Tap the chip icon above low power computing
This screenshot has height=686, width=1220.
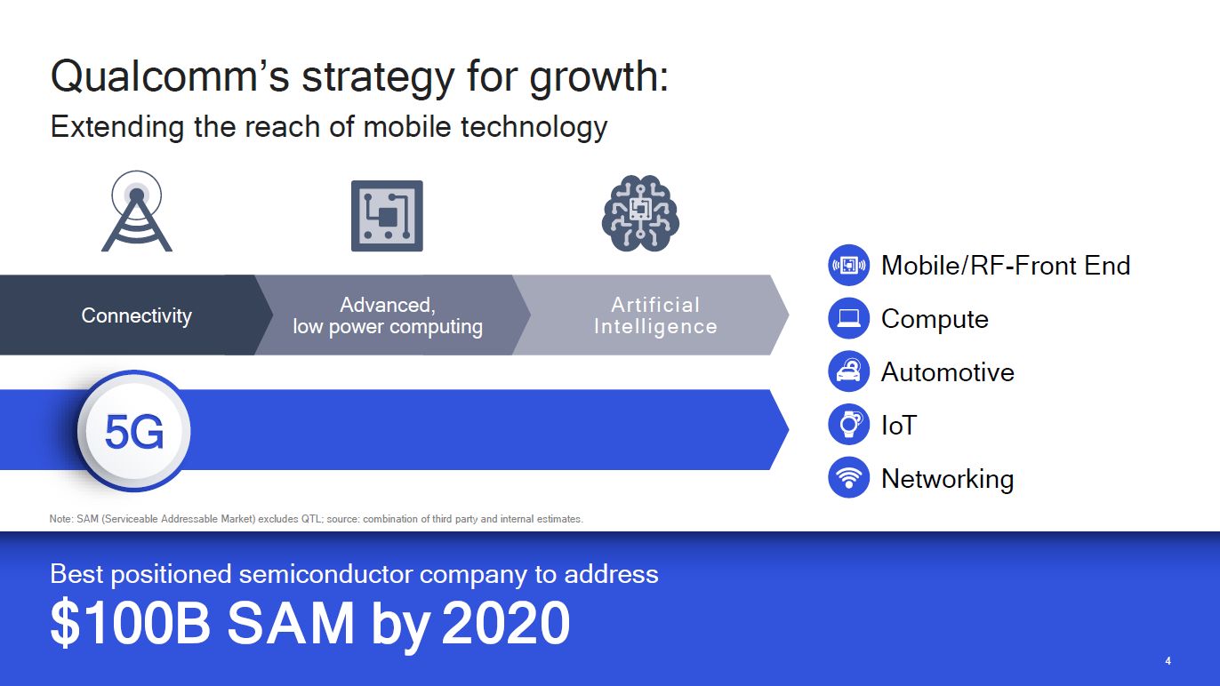click(387, 216)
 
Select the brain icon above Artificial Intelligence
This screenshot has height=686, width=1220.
click(640, 212)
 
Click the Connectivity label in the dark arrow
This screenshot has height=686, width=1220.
click(136, 315)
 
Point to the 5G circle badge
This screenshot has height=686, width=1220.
click(134, 432)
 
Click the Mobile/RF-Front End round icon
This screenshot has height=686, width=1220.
click(848, 265)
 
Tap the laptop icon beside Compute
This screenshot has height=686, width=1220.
click(848, 318)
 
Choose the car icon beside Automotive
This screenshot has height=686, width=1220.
click(848, 371)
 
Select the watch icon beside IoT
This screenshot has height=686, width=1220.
click(848, 425)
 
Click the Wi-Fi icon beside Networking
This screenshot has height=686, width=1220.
click(848, 478)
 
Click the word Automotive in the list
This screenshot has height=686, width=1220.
click(947, 372)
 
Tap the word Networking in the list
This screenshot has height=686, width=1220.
click(947, 479)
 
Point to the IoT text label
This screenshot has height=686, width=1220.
click(898, 426)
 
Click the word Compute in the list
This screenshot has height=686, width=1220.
click(935, 319)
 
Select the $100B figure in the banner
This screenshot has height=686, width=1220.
click(130, 624)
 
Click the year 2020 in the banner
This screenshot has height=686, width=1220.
click(505, 624)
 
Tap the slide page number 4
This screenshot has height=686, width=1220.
click(1168, 661)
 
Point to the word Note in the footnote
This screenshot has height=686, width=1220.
click(60, 519)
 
